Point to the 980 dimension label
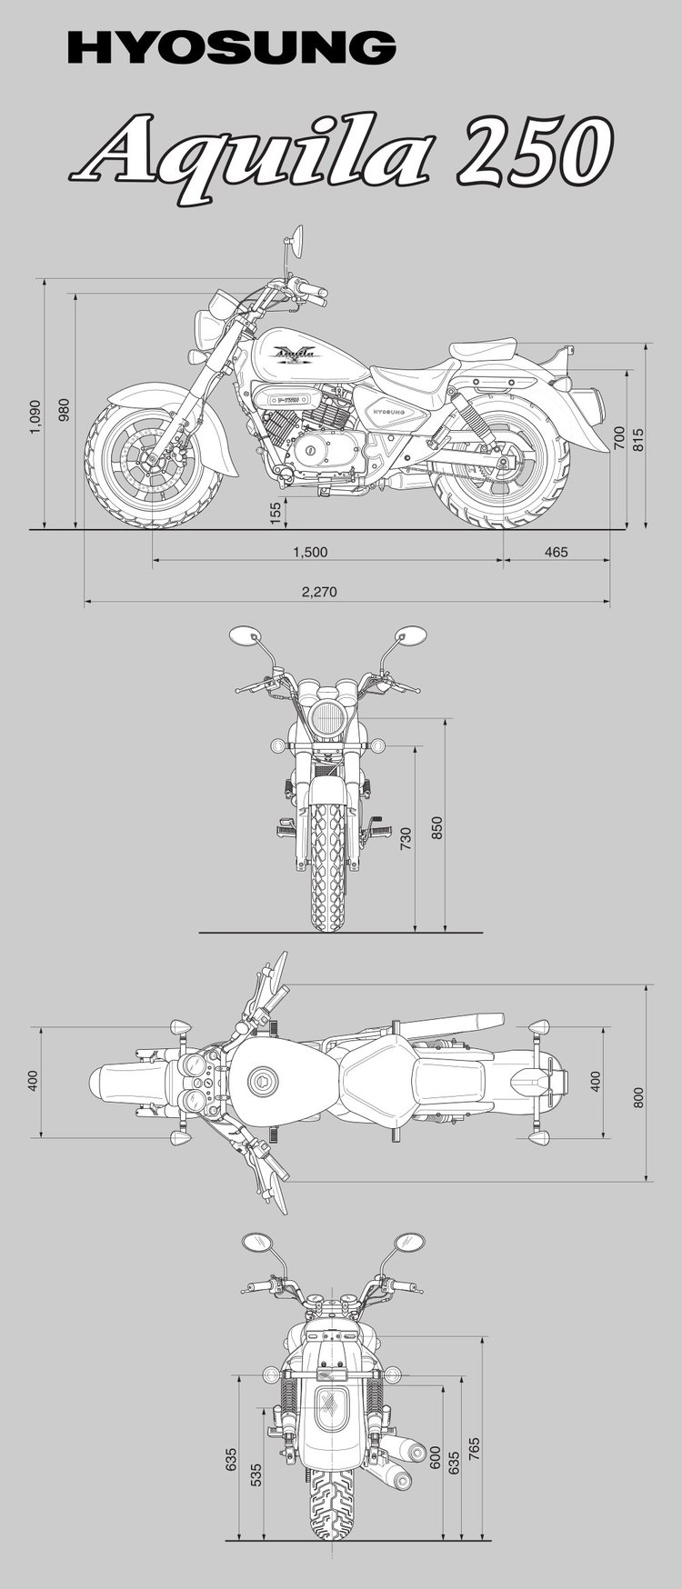point(64,411)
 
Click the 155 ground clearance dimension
point(276,513)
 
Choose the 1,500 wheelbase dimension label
point(310,552)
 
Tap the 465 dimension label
point(556,552)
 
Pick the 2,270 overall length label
point(319,591)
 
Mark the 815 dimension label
point(638,440)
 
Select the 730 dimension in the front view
point(406,838)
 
